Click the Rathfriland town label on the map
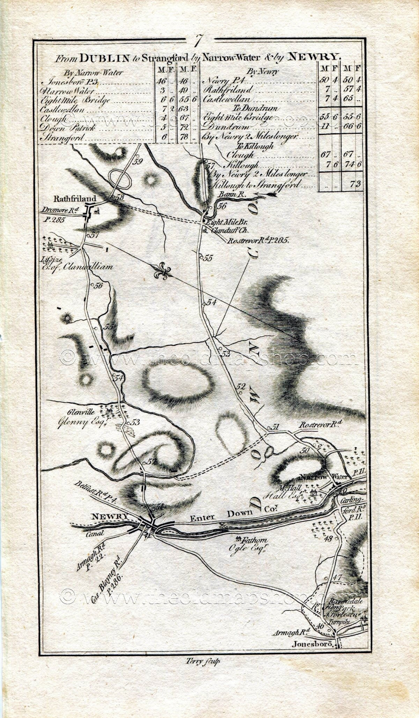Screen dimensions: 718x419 [x=74, y=199]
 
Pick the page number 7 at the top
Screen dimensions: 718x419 [x=198, y=41]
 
